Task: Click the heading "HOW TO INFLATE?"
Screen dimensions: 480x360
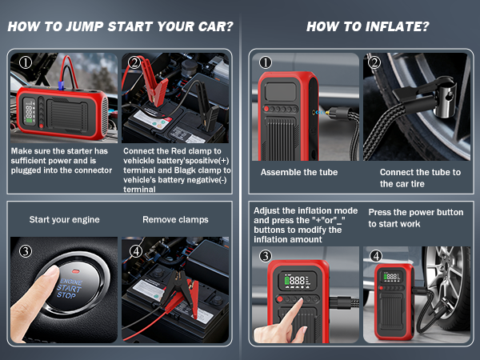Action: coord(368,26)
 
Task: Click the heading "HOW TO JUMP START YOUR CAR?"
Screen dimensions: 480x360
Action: coord(120,26)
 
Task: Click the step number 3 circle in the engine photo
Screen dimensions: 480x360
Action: coord(26,251)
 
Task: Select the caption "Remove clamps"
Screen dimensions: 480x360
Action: coord(175,219)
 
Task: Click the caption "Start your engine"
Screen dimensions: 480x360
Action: coord(64,219)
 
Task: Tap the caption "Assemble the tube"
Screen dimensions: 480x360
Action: coord(299,172)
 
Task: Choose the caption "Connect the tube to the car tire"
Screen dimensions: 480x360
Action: coord(420,178)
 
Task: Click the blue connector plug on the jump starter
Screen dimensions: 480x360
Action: coord(61,85)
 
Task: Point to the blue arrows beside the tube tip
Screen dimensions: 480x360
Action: coord(320,113)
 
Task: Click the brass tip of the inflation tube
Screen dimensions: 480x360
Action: coord(328,113)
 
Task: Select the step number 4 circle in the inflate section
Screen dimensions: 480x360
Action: coord(376,256)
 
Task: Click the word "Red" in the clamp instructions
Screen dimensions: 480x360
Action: coord(177,151)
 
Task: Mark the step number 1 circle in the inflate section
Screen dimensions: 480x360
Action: coord(266,62)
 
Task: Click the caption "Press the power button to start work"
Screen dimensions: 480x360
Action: coord(416,218)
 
